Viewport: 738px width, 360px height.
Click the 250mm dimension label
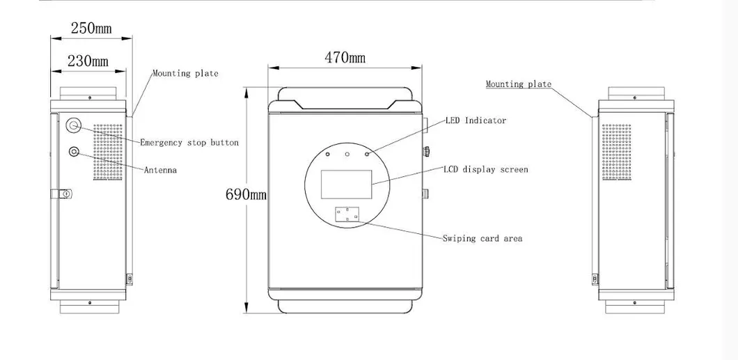(91, 29)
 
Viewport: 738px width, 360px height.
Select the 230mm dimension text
(88, 61)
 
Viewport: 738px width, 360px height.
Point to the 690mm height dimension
(245, 194)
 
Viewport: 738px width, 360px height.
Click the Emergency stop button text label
(189, 143)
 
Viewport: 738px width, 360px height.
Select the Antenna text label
(160, 170)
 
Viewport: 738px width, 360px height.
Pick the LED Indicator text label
(476, 120)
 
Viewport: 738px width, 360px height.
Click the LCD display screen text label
(485, 169)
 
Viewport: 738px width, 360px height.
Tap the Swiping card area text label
(482, 238)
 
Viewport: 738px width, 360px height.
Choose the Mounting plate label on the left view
(185, 73)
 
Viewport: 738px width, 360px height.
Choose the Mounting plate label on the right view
(518, 84)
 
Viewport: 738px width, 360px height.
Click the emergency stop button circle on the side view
(74, 125)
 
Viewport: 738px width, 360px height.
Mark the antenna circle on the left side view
(74, 151)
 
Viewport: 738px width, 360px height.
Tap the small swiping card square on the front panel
(347, 213)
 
